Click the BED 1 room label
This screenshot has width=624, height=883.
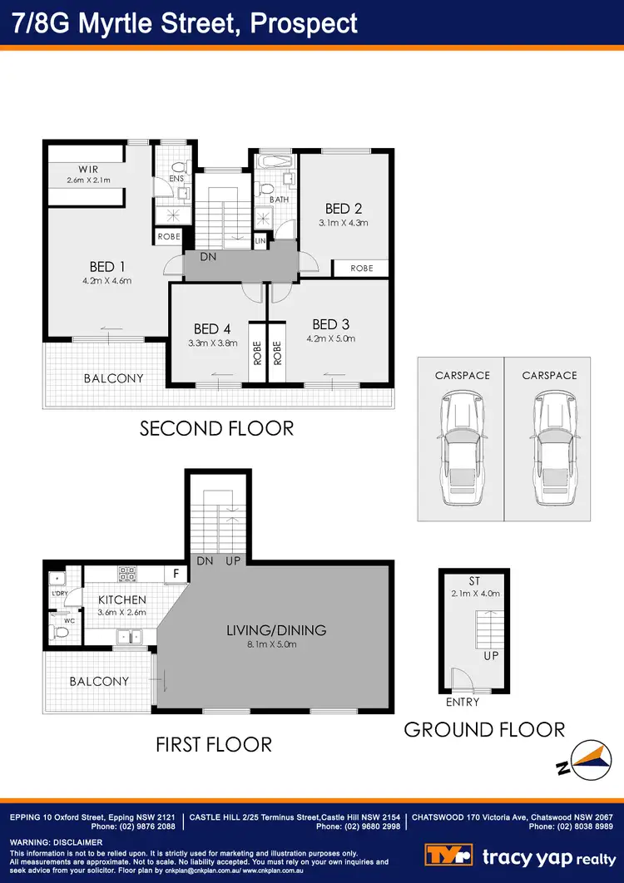(107, 267)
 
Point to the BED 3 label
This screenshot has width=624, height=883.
(324, 324)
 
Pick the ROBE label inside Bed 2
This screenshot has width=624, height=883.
(361, 269)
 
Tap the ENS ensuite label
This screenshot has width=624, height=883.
(176, 178)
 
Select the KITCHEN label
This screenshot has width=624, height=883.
(122, 599)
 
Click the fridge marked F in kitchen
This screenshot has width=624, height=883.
(176, 574)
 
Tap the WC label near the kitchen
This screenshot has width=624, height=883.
(57, 619)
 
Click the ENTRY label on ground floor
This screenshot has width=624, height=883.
(463, 703)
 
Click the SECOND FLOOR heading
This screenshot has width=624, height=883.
(216, 428)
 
